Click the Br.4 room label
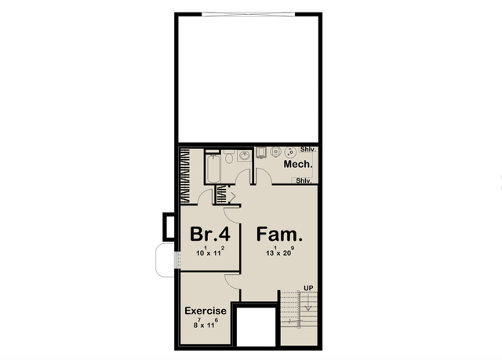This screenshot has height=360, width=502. click(x=210, y=234)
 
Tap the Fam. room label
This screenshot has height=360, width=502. click(x=279, y=234)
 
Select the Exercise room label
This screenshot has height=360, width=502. click(x=206, y=311)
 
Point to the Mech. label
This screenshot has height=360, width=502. click(x=298, y=164)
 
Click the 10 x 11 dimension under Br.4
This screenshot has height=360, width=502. click(x=210, y=252)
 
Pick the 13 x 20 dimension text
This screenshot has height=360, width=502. click(x=280, y=251)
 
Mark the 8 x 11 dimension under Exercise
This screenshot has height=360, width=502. click(x=206, y=323)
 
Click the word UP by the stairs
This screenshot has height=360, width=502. click(x=308, y=289)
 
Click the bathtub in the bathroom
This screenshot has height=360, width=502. click(x=213, y=169)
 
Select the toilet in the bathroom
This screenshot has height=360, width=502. click(x=228, y=156)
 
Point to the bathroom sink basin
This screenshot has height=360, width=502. click(x=245, y=156)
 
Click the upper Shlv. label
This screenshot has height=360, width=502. click(x=308, y=150)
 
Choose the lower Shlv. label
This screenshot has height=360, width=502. click(x=304, y=181)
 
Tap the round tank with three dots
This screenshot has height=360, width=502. click(x=290, y=152)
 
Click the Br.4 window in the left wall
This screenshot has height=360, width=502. click(x=177, y=260)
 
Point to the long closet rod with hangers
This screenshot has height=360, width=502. click(x=185, y=176)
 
